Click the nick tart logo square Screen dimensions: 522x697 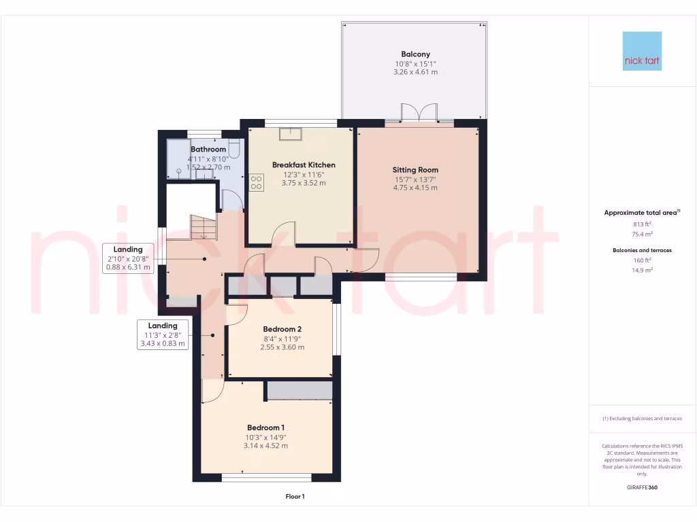click(642, 51)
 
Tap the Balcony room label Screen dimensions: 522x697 click(415, 54)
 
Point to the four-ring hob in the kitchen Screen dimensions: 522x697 click(257, 182)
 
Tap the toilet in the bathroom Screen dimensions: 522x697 click(234, 147)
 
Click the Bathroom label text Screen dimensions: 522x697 click(208, 149)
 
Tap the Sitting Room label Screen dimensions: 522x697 click(415, 170)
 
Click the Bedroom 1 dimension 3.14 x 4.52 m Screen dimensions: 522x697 click(265, 446)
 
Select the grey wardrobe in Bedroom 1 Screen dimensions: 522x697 click(299, 390)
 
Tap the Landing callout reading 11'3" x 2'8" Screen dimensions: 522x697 click(162, 334)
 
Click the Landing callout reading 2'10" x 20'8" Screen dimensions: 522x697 click(128, 258)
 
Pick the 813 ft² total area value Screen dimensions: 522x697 click(641, 224)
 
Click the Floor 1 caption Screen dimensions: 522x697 click(295, 497)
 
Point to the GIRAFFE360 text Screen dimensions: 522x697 click(642, 487)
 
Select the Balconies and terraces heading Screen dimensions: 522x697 click(642, 250)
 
